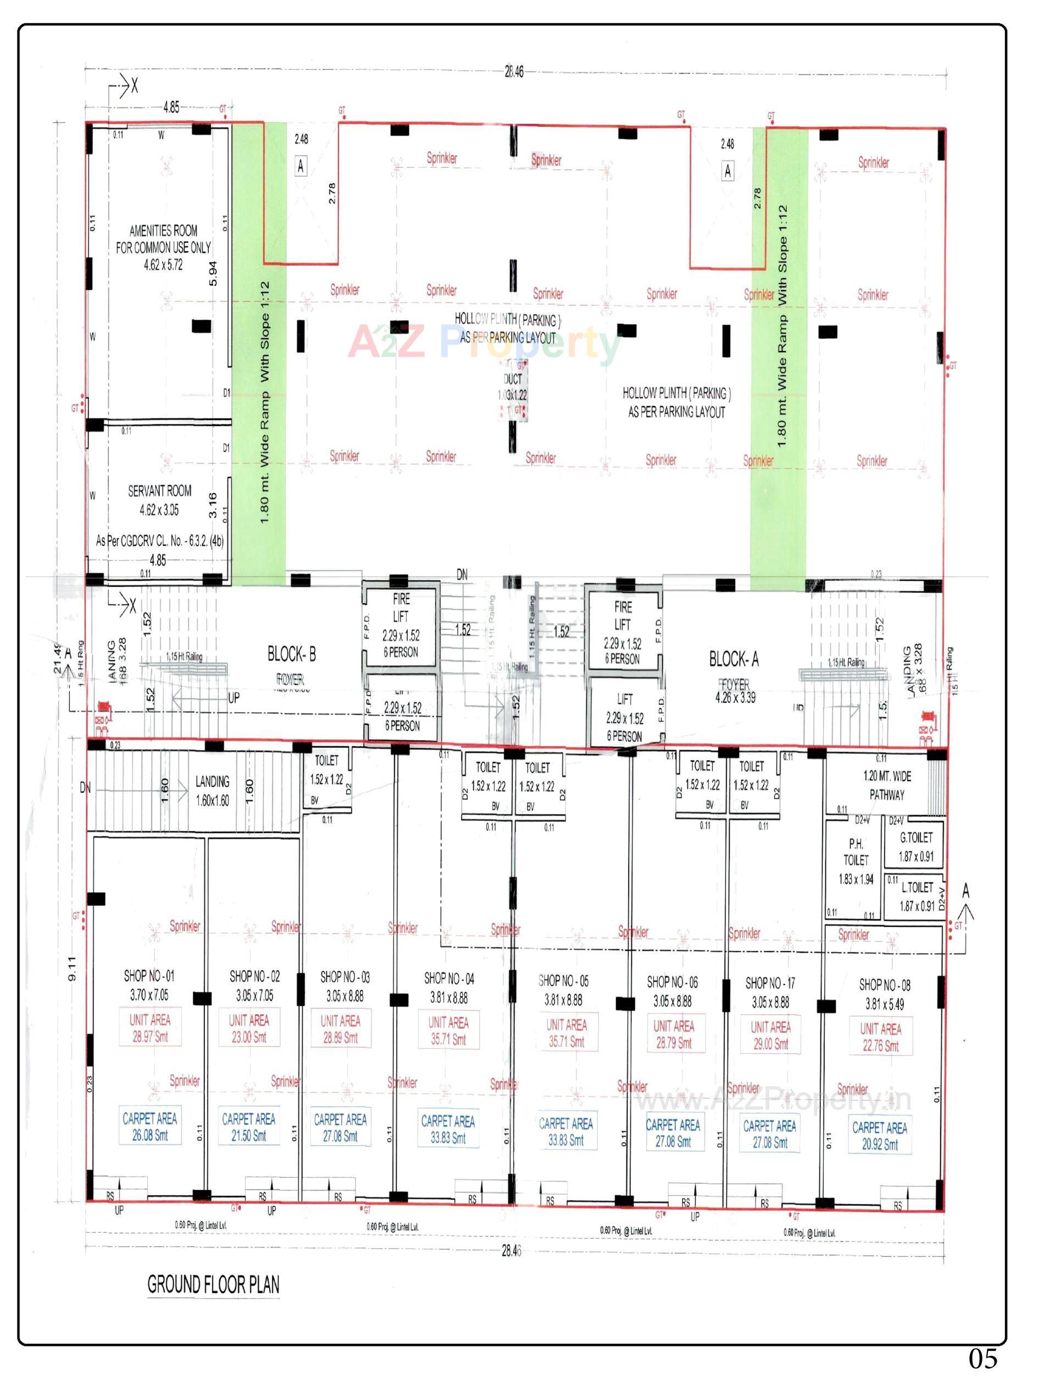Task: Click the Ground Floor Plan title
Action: (x=214, y=1284)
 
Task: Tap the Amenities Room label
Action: (x=163, y=247)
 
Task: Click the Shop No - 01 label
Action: (x=149, y=976)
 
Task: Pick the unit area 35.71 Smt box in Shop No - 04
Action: (x=448, y=1031)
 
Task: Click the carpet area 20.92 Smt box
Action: (x=879, y=1136)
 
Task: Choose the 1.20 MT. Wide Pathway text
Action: (x=887, y=785)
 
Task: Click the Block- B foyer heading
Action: (x=292, y=655)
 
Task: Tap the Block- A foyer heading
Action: (x=734, y=659)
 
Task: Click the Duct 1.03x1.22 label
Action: (x=513, y=387)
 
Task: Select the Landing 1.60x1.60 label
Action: (x=212, y=791)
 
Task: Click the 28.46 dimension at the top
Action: (x=514, y=71)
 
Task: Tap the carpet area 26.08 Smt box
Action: (x=149, y=1127)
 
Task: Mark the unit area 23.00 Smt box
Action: (x=249, y=1029)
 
